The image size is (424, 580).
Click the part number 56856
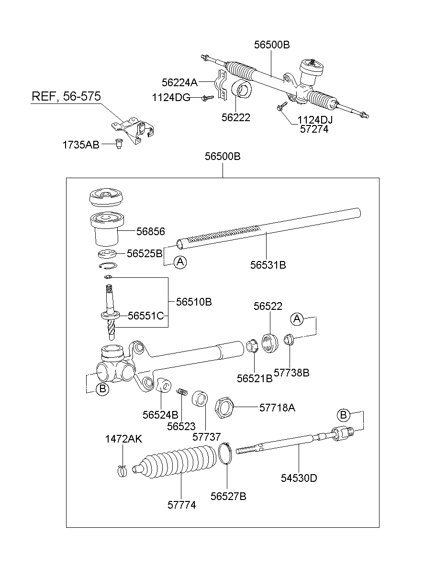pyautogui.click(x=150, y=232)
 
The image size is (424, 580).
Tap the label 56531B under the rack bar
pyautogui.click(x=268, y=265)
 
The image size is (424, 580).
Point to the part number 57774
pyautogui.click(x=181, y=505)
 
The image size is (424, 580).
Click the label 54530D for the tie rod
pyautogui.click(x=299, y=478)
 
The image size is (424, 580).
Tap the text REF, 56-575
pyautogui.click(x=66, y=96)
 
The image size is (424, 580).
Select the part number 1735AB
pyautogui.click(x=80, y=144)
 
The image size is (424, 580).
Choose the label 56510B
pyautogui.click(x=193, y=302)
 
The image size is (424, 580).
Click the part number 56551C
pyautogui.click(x=145, y=316)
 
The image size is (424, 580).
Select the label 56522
pyautogui.click(x=268, y=307)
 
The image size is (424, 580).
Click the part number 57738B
pyautogui.click(x=291, y=372)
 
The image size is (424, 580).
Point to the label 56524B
pyautogui.click(x=160, y=414)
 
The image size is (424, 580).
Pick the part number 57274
pyautogui.click(x=314, y=129)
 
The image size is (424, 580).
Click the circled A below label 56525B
pyautogui.click(x=179, y=262)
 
